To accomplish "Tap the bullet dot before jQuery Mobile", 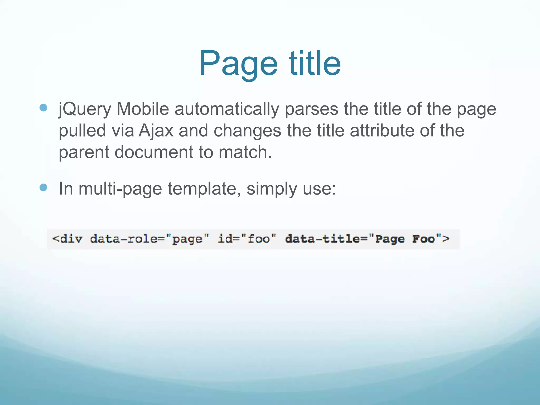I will point(43,108).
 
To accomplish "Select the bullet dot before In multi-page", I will point(43,187).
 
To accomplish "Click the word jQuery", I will point(85,109).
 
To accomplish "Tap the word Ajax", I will point(156,131).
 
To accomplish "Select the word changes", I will point(247,131).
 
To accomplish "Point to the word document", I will point(154,152).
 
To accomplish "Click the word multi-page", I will point(120,189).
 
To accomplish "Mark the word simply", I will point(272,189).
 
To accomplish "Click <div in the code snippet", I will point(67,239).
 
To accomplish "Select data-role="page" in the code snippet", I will point(150,239).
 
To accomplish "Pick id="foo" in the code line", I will point(247,239).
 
